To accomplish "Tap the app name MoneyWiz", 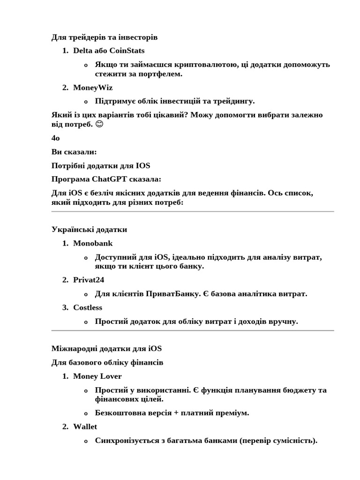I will click(93, 88).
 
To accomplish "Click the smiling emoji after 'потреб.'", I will click(99, 124).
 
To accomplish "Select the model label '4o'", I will click(56, 138).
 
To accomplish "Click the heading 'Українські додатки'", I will click(89, 230).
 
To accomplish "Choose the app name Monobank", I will click(93, 243).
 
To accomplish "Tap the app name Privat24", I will click(89, 280).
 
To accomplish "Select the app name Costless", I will click(88, 307).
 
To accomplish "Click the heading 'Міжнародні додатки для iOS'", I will click(106, 348).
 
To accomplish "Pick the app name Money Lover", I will click(97, 376).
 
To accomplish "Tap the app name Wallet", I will click(85, 427).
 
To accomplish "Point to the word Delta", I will click(83, 51).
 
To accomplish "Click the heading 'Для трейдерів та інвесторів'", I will click(105, 37).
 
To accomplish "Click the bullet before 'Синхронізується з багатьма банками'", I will click(85, 441).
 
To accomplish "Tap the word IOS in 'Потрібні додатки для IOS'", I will click(143, 165).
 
